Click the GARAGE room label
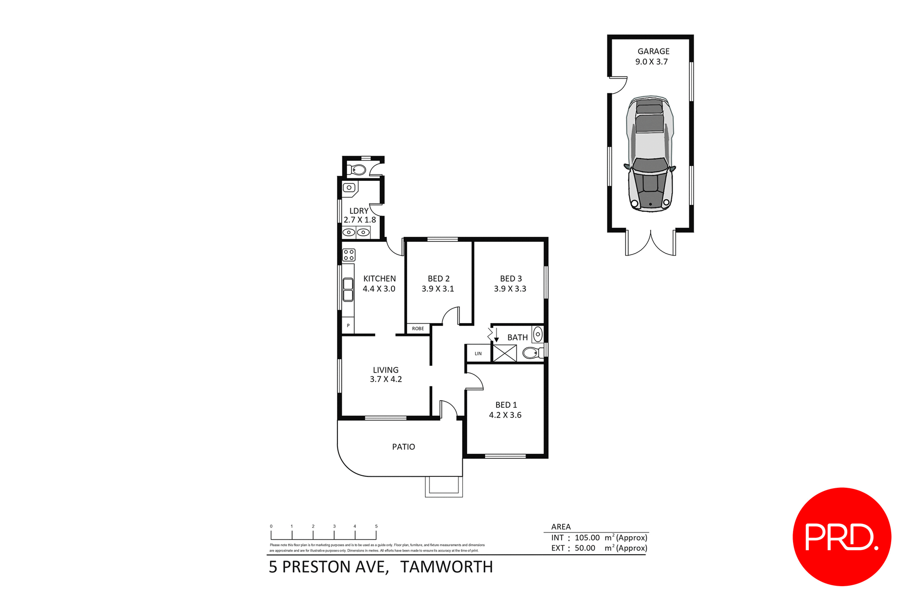click(653, 51)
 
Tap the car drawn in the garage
click(650, 154)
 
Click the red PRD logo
click(841, 536)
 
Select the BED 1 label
click(506, 405)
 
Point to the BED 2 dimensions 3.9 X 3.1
click(437, 289)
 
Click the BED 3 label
click(510, 279)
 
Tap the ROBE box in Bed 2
click(418, 329)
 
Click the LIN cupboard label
click(478, 354)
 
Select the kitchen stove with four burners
click(349, 255)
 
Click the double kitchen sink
click(348, 290)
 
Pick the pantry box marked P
click(348, 326)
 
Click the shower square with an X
click(505, 354)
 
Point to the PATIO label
click(403, 447)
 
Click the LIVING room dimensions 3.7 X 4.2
click(386, 379)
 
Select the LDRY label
click(358, 211)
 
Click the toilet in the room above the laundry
click(358, 170)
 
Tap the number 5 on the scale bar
click(376, 526)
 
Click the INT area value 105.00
click(587, 538)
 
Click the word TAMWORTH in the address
click(446, 567)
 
